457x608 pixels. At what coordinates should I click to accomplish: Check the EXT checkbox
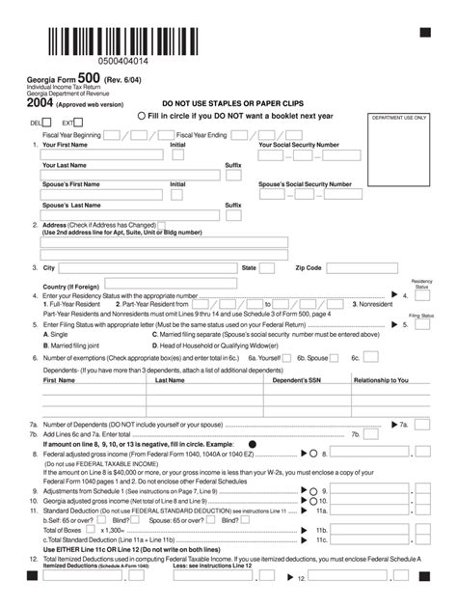[x=80, y=124]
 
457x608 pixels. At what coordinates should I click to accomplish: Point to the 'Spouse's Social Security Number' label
[x=306, y=183]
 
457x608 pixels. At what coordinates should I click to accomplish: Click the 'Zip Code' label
[x=308, y=267]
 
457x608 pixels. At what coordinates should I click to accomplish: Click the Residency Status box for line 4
[x=421, y=297]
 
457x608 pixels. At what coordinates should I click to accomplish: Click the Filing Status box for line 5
[x=421, y=326]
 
